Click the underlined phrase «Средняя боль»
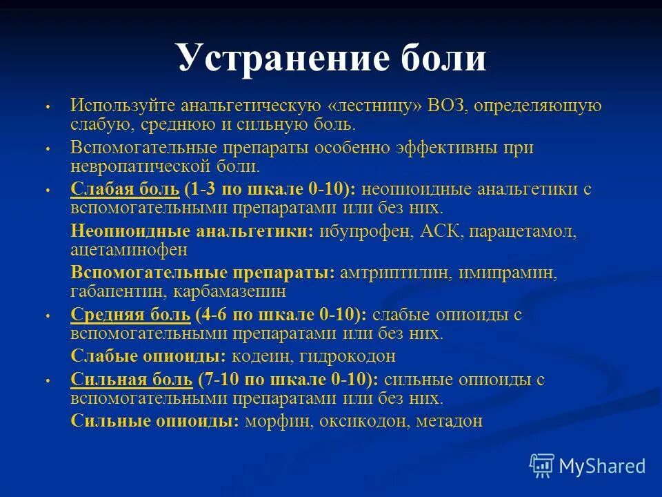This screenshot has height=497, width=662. pyautogui.click(x=130, y=315)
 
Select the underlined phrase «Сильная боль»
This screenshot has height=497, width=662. pyautogui.click(x=131, y=380)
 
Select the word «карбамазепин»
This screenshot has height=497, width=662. pyautogui.click(x=220, y=291)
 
